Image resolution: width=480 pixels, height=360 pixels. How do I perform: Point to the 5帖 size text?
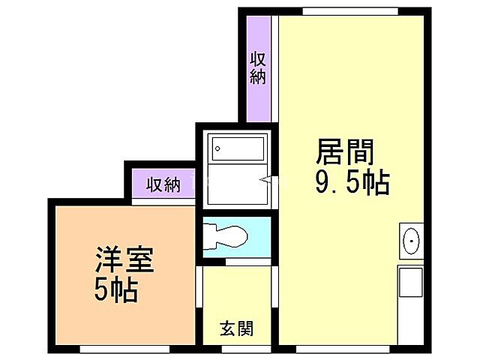pos(116,290)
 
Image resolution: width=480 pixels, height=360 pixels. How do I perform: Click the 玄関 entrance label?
pos(235,328)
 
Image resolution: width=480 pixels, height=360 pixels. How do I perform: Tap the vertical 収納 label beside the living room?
pos(258,67)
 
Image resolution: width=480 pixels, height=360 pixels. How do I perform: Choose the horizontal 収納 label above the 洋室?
pos(163,184)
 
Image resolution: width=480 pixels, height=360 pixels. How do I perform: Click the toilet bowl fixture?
pos(226,235)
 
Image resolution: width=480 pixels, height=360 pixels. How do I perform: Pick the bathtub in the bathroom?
pos(237,149)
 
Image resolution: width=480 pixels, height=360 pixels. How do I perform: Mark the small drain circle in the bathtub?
pos(217,148)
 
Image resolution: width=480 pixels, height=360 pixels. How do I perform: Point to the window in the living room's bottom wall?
pos(343,349)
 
